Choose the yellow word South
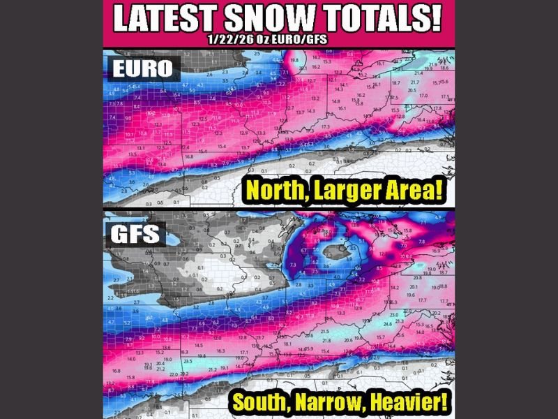(x=266, y=403)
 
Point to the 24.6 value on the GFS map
(x=388, y=324)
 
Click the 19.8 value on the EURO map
(x=294, y=61)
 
